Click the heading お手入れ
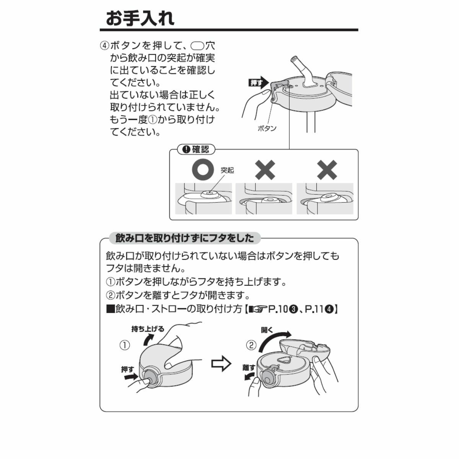140,18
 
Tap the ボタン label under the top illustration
267,129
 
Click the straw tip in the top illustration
294,59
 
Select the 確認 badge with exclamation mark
196,150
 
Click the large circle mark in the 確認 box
202,169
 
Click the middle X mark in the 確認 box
265,170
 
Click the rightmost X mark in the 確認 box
327,170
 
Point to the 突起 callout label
227,170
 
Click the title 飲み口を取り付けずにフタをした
185,238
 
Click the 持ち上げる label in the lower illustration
148,329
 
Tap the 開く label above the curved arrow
267,330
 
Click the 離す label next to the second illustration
249,368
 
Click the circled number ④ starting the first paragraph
105,45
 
